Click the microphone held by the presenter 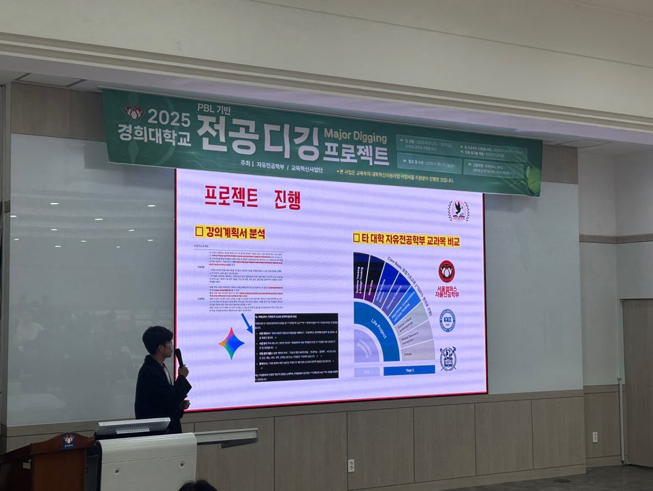[179, 355]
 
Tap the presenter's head [157, 339]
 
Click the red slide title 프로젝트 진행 [252, 197]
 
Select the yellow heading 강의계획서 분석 [230, 233]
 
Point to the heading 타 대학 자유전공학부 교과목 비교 [406, 239]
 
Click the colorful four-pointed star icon [231, 343]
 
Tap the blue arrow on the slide [246, 323]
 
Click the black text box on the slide [296, 347]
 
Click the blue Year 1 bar [409, 370]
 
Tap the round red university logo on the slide [447, 270]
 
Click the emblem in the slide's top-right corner [458, 210]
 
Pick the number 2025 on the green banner [168, 116]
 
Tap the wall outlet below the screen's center [351, 465]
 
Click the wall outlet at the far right [595, 437]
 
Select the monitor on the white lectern [132, 427]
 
